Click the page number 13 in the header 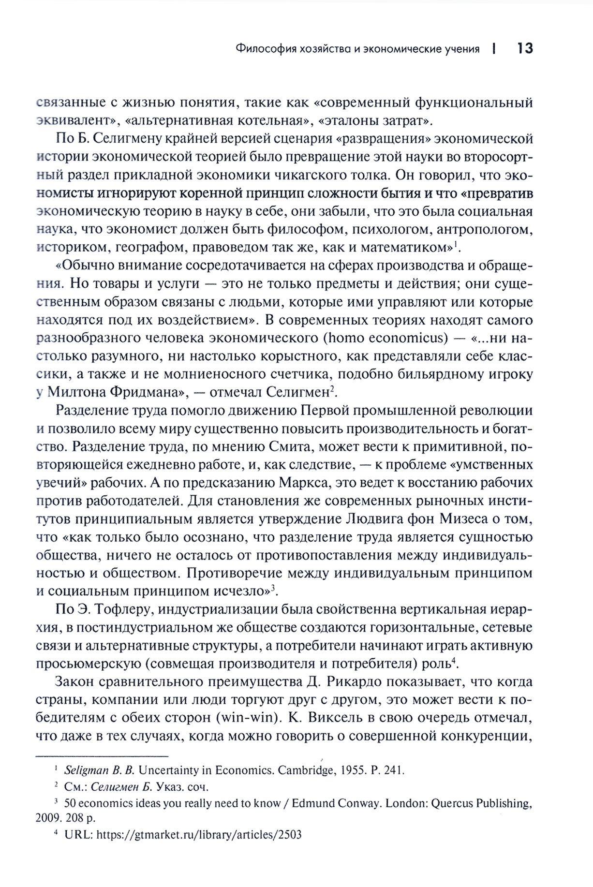[524, 48]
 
